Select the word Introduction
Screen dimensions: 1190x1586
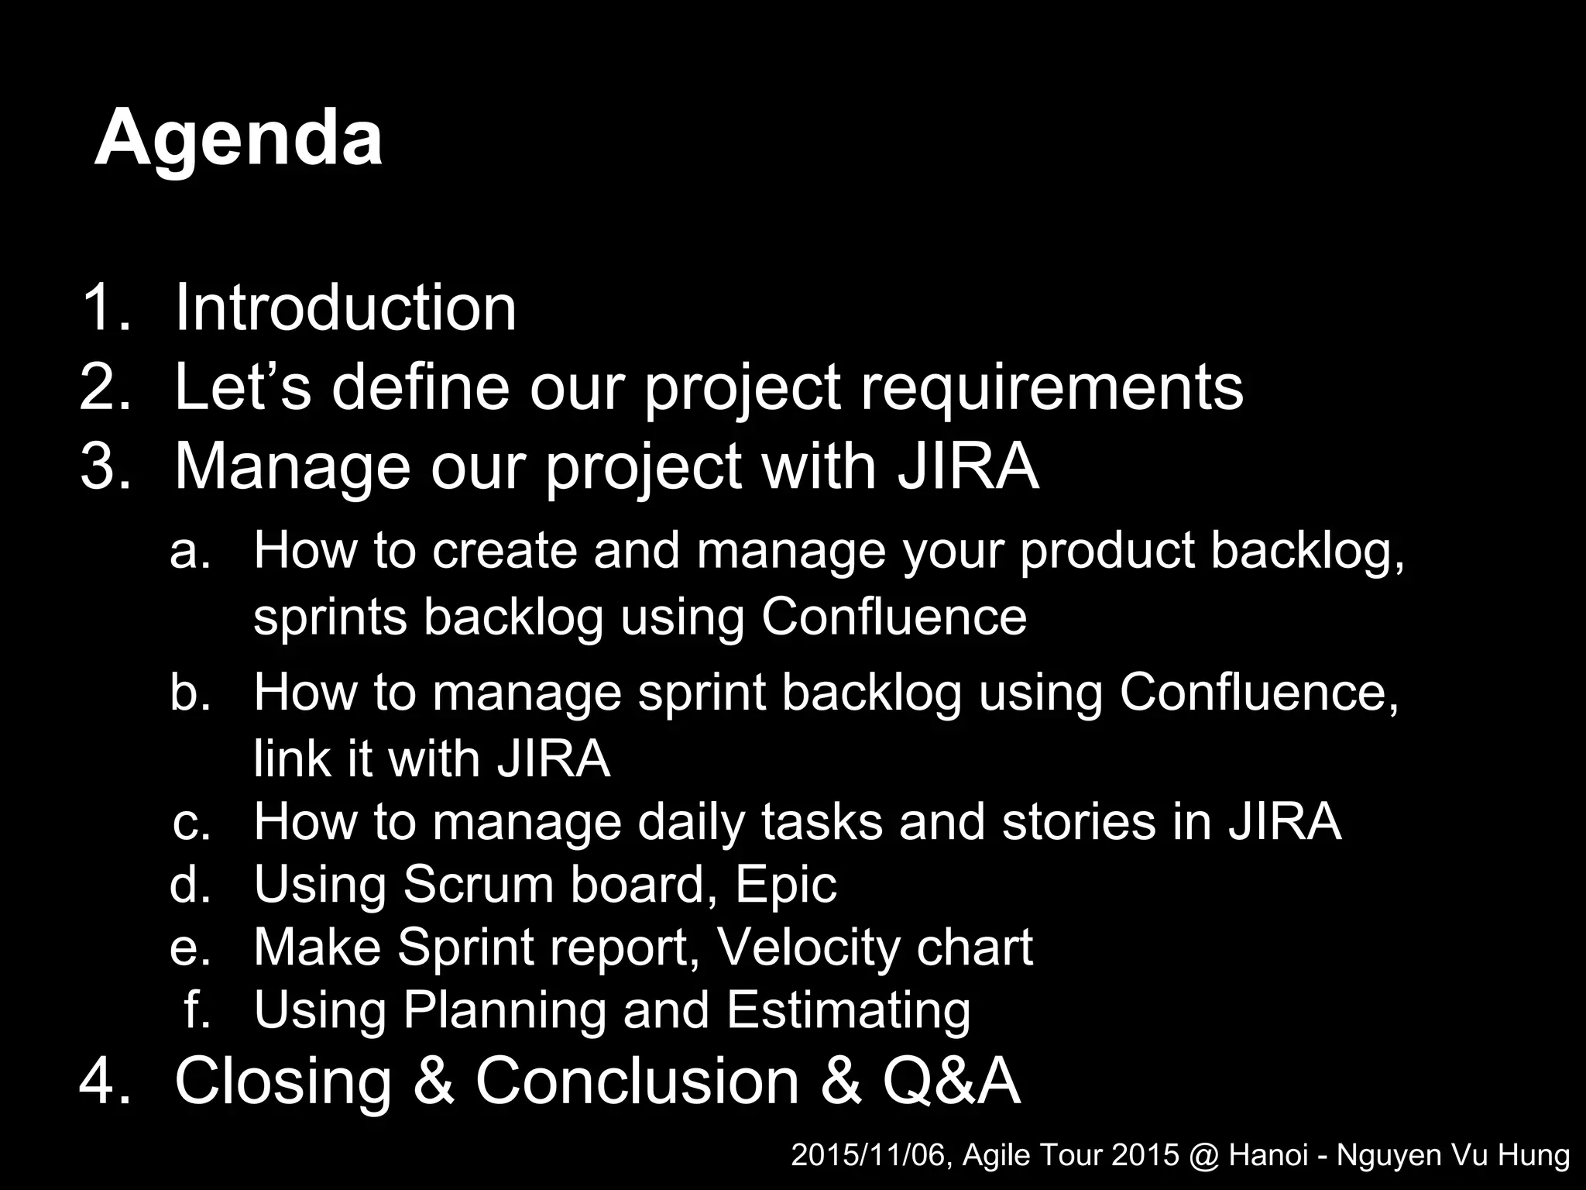tap(345, 308)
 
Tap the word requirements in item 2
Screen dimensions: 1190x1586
tap(1052, 387)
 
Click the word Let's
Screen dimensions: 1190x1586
tap(242, 387)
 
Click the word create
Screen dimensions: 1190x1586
tap(504, 551)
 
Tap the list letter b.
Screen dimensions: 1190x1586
tap(189, 691)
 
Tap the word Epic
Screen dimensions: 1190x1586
tap(785, 885)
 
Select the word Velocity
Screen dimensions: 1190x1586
tap(806, 948)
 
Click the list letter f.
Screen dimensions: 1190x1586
tap(197, 1010)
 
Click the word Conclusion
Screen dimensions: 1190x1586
tap(637, 1082)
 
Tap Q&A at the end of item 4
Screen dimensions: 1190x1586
tap(951, 1082)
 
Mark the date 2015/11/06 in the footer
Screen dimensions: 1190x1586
tap(872, 1156)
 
